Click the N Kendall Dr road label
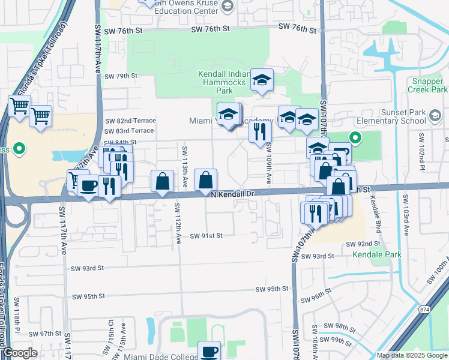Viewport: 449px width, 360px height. coord(234,194)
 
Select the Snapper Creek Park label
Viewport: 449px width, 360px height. coord(429,85)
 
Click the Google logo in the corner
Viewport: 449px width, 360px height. coord(20,353)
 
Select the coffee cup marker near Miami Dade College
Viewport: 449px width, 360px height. coord(209,351)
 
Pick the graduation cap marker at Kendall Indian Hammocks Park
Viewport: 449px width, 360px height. coord(261,80)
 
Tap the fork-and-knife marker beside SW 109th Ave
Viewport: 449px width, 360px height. coord(259,131)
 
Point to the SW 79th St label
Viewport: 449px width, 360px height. coord(121,76)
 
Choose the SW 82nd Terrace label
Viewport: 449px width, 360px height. coord(130,121)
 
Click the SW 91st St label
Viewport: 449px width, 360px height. coord(206,236)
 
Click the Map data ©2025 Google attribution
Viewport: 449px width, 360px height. coord(412,355)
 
